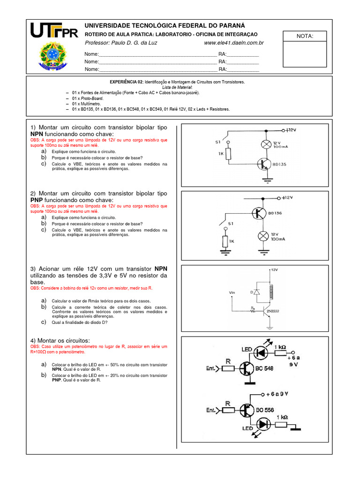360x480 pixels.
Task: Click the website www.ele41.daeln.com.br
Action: [x=234, y=43]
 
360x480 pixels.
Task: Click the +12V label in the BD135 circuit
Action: [x=290, y=130]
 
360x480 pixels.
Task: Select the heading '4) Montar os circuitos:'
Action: [x=60, y=340]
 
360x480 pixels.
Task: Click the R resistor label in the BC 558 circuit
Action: [x=228, y=402]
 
